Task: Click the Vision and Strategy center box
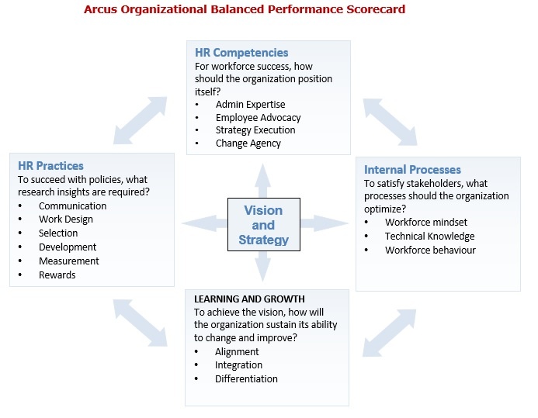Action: click(263, 224)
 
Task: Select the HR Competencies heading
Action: click(241, 53)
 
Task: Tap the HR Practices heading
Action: click(50, 166)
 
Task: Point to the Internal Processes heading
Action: click(412, 170)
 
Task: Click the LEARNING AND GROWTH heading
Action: click(249, 299)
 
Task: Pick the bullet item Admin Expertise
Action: click(251, 105)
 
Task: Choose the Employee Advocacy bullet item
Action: click(258, 118)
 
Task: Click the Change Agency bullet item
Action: click(248, 143)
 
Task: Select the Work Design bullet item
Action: click(66, 219)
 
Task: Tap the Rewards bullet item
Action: click(57, 275)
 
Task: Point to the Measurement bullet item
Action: click(68, 261)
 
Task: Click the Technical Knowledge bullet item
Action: click(429, 236)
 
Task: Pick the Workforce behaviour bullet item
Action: click(430, 250)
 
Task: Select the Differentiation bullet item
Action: click(246, 379)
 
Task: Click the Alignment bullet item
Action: click(237, 352)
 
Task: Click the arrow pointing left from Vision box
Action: click(204, 223)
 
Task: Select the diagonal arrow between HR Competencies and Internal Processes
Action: click(390, 122)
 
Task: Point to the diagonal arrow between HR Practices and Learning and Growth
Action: click(140, 323)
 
